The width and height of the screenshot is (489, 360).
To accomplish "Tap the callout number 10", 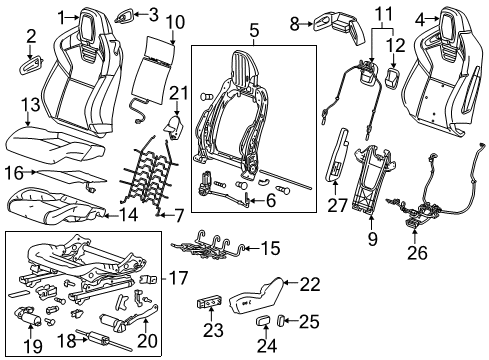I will (175, 21).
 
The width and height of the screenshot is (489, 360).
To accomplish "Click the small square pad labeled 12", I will (392, 77).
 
